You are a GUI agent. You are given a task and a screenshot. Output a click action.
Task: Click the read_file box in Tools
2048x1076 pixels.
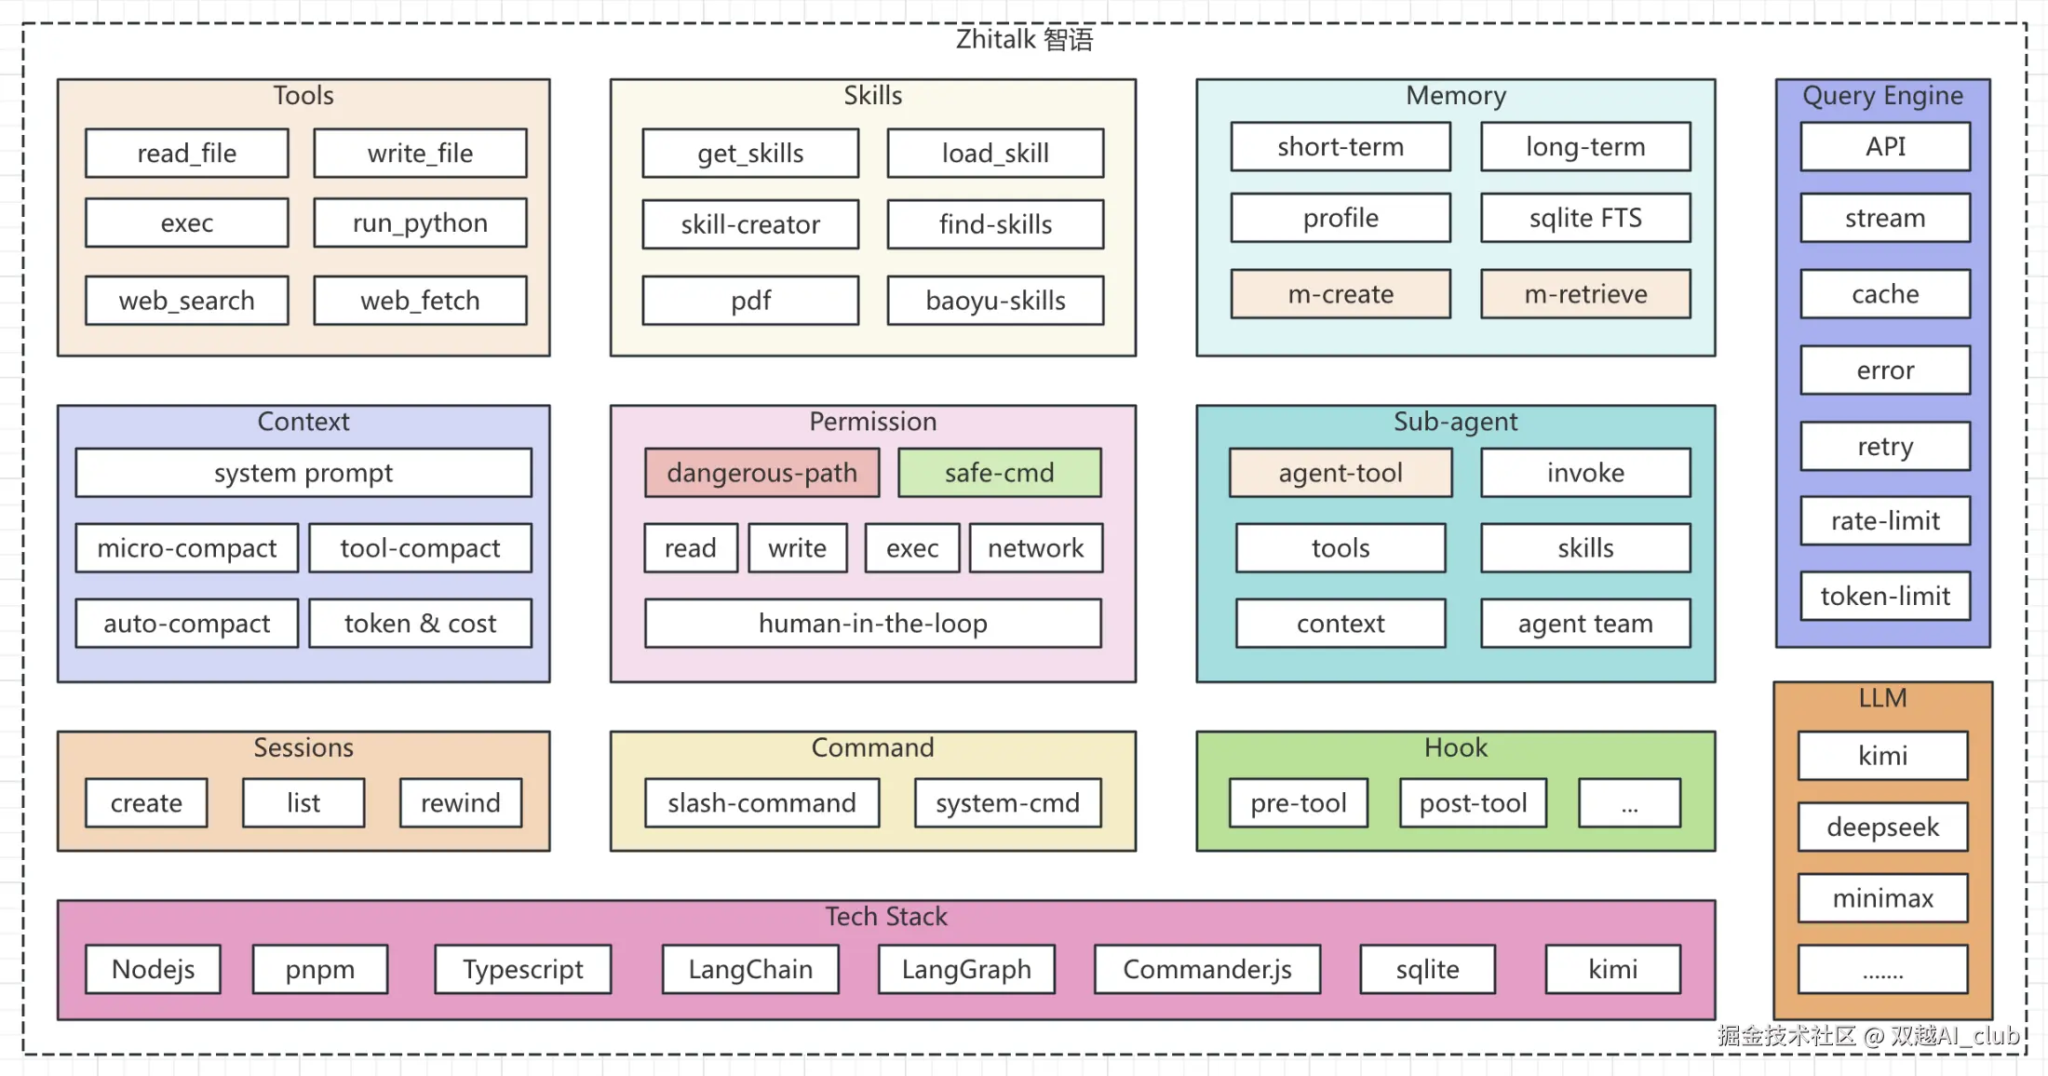coord(187,153)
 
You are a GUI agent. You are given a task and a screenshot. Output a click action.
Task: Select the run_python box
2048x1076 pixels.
coord(420,222)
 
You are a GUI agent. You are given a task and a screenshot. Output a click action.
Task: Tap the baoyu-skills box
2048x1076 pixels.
coord(995,300)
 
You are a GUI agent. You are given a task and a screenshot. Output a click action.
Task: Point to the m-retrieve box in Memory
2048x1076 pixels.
coord(1585,294)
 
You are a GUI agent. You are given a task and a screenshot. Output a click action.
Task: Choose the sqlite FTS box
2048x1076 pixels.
coord(1585,218)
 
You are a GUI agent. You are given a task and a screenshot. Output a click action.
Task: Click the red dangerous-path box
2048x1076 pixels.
coord(761,473)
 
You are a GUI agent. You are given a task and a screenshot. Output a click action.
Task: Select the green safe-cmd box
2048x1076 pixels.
coord(999,473)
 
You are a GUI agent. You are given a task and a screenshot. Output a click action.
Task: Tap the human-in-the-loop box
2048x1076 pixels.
coord(872,623)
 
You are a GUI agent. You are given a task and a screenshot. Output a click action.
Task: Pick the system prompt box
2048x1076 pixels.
coord(303,473)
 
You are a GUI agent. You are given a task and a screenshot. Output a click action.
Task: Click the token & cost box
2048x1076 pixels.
coord(420,623)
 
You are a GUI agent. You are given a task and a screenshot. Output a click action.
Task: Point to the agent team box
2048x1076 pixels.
coord(1585,623)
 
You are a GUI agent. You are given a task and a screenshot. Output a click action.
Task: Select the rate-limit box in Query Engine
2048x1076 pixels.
coord(1885,520)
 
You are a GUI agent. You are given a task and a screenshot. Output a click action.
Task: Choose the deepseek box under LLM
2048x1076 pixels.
coord(1882,827)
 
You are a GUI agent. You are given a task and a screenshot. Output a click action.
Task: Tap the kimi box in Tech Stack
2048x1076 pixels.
coord(1612,969)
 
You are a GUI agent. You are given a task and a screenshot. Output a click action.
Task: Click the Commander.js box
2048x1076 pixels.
coord(1206,969)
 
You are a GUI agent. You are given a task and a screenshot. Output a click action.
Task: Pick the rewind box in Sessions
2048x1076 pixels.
coord(460,802)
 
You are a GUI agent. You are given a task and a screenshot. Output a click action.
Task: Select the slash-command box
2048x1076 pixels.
coord(761,802)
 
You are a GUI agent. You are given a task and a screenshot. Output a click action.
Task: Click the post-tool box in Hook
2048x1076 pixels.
coord(1473,802)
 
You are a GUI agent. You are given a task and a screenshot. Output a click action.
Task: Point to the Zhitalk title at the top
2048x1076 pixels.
coord(1024,39)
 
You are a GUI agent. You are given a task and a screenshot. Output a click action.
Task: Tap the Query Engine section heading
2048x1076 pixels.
coord(1882,95)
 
